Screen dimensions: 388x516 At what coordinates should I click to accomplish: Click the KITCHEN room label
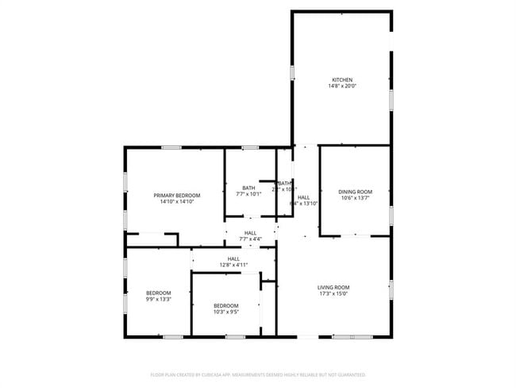342,80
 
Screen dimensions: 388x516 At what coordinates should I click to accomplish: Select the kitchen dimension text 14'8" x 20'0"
342,86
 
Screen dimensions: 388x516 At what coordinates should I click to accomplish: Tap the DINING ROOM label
355,192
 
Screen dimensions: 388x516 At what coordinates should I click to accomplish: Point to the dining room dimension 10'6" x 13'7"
355,198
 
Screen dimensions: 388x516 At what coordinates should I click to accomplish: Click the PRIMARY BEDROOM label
177,196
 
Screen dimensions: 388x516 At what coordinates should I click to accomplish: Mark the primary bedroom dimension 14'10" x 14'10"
177,202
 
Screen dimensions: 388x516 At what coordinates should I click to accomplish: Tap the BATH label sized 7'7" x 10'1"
249,188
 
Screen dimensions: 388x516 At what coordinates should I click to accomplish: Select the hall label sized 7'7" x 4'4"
250,233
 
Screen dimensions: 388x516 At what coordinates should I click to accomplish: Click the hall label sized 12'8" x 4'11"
233,258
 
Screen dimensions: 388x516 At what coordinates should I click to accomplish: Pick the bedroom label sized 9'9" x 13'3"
157,293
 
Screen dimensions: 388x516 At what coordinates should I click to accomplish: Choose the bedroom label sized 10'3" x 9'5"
225,305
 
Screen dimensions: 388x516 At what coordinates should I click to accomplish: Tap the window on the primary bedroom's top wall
171,147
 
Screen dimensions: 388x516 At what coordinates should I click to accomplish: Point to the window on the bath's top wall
250,147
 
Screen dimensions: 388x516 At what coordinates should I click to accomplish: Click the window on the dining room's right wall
391,215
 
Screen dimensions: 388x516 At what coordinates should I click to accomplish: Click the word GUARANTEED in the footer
350,374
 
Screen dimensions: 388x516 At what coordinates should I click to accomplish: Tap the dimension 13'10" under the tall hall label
310,204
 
